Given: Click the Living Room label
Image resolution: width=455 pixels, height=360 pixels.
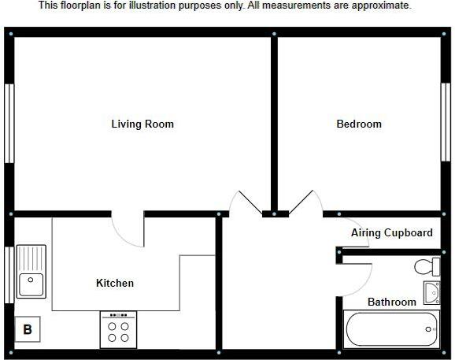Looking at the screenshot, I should click(x=142, y=124).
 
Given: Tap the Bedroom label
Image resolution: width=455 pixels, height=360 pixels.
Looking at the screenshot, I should click(x=359, y=124).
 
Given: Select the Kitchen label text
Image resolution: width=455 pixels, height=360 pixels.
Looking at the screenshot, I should click(x=115, y=284).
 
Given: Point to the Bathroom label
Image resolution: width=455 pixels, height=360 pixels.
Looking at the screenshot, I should click(x=392, y=302).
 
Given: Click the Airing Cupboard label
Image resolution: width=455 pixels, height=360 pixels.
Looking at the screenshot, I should click(x=392, y=233).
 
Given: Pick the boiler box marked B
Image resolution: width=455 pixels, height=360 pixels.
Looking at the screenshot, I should click(x=28, y=330).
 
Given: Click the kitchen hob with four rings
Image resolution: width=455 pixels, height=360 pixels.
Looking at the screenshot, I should click(x=118, y=330).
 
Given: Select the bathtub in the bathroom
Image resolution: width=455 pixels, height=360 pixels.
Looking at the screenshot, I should click(x=391, y=329).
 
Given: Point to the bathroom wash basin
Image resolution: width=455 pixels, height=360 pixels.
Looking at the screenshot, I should click(x=431, y=293).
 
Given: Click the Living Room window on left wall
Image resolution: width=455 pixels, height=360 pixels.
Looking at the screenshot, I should click(x=9, y=123).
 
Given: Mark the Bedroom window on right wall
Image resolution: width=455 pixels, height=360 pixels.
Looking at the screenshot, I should click(x=445, y=123).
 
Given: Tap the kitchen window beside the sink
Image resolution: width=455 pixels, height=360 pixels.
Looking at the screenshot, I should click(x=9, y=273).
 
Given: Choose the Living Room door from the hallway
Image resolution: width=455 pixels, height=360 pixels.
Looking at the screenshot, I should click(x=246, y=202).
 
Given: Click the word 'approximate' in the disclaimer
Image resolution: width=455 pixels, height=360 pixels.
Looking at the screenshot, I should click(x=383, y=6).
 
